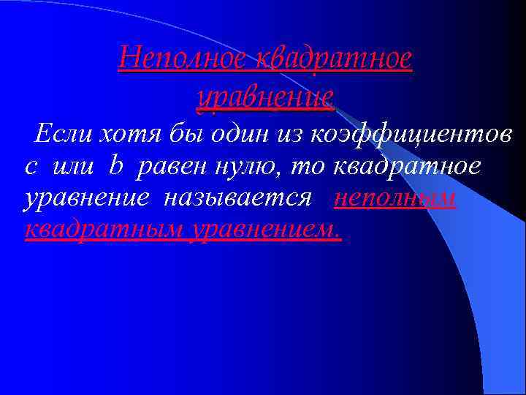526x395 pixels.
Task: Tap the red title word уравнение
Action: coord(265,96)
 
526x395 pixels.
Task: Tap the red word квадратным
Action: coord(103,230)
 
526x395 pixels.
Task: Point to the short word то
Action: coord(310,167)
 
